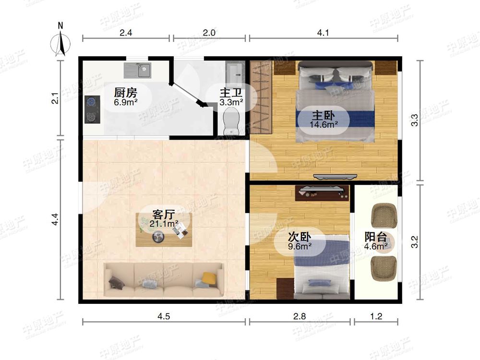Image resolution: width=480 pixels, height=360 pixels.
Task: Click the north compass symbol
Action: tap(60, 42)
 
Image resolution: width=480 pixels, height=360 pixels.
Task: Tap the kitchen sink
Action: tap(137, 71)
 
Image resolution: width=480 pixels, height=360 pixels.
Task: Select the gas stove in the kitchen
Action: tap(93, 109)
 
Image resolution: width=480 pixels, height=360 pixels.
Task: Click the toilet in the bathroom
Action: tap(231, 122)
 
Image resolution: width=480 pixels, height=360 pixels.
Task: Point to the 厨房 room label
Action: tap(125, 92)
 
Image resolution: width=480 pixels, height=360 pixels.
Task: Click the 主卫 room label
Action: tap(231, 93)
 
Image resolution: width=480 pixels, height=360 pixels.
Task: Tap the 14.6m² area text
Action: tap(324, 125)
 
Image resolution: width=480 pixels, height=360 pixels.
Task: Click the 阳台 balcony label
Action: tap(376, 237)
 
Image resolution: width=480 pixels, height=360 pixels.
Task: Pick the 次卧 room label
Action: tap(300, 237)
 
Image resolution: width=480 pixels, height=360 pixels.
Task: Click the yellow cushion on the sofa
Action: tap(209, 278)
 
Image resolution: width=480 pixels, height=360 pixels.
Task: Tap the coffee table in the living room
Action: tap(164, 229)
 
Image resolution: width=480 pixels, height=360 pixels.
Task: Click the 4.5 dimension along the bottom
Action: tap(164, 316)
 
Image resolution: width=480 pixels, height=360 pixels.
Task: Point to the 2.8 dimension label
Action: tap(300, 316)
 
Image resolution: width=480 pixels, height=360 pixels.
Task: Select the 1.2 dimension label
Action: tap(376, 316)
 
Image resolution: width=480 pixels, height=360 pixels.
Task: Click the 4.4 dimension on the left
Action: tap(55, 219)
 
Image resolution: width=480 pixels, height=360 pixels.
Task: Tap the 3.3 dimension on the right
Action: tap(415, 120)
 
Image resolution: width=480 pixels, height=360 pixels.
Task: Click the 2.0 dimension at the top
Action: tap(209, 33)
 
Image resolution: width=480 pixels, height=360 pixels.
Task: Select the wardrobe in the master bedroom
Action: tap(261, 97)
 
